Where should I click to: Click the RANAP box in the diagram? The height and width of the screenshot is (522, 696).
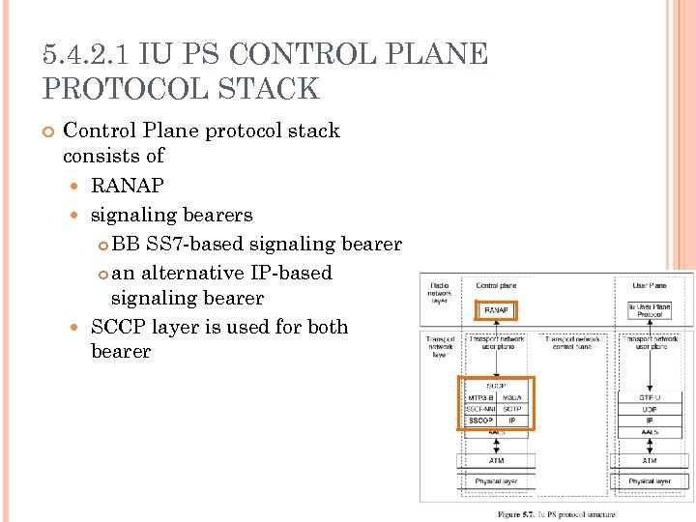(x=496, y=310)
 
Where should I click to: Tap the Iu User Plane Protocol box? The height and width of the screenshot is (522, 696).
(x=649, y=310)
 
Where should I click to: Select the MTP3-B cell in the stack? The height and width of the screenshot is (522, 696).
(x=480, y=397)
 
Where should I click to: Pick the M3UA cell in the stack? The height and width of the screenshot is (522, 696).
(x=512, y=397)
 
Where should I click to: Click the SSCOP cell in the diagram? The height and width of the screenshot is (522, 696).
(x=480, y=420)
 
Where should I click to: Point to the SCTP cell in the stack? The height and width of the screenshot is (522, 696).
(x=512, y=409)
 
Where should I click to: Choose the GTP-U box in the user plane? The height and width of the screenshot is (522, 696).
(x=649, y=397)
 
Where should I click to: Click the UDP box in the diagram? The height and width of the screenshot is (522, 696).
(x=649, y=409)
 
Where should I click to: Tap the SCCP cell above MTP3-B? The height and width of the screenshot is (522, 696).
(x=496, y=386)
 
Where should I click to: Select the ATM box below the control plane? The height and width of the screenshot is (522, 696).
(x=496, y=461)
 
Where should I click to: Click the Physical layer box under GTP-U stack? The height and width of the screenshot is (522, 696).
(x=649, y=480)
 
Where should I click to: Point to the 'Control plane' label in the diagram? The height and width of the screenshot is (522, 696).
(x=495, y=286)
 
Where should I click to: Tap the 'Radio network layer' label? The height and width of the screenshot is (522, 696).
(x=440, y=293)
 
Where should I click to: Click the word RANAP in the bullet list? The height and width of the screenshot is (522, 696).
(x=127, y=185)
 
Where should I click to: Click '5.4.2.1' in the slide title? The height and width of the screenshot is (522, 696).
(x=87, y=54)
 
